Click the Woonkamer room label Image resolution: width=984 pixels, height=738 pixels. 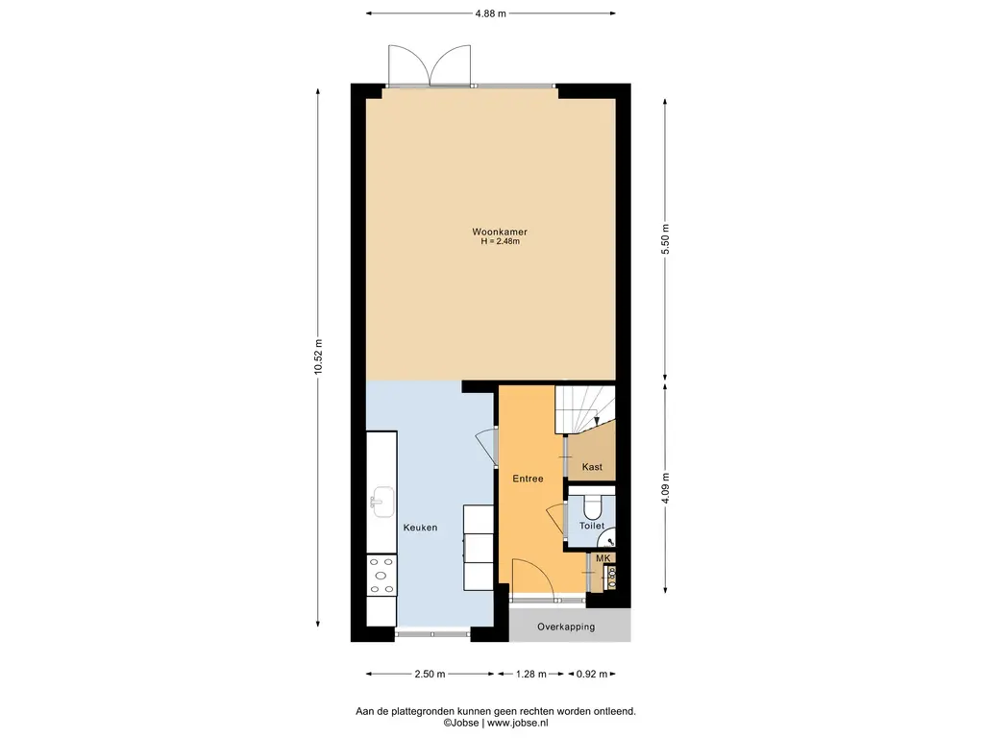(x=500, y=232)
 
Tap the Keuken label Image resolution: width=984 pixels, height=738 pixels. (x=421, y=528)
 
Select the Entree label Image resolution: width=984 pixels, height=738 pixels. (x=528, y=479)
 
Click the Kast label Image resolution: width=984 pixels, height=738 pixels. (x=592, y=467)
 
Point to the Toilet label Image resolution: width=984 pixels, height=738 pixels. (x=592, y=526)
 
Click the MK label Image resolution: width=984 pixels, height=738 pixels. (x=603, y=558)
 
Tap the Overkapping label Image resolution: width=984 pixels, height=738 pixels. (x=566, y=627)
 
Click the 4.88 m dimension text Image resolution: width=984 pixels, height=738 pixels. (x=491, y=13)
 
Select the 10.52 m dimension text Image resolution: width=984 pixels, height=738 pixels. (x=318, y=357)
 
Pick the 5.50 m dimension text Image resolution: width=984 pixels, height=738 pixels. (x=666, y=239)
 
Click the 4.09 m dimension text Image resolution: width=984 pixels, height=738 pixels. (x=666, y=487)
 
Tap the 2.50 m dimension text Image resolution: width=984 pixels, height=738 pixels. (x=430, y=674)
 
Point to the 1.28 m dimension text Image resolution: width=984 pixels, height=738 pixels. (x=530, y=674)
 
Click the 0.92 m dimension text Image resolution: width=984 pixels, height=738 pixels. (x=592, y=674)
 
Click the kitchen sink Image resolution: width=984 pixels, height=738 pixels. (x=381, y=502)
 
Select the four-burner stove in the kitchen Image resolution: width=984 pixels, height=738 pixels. (x=381, y=575)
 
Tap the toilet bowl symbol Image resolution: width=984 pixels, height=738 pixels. (x=592, y=504)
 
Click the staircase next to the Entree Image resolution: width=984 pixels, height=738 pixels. (x=584, y=409)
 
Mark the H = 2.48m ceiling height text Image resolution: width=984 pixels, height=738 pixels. (x=500, y=241)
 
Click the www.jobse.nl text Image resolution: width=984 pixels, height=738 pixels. (x=517, y=723)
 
